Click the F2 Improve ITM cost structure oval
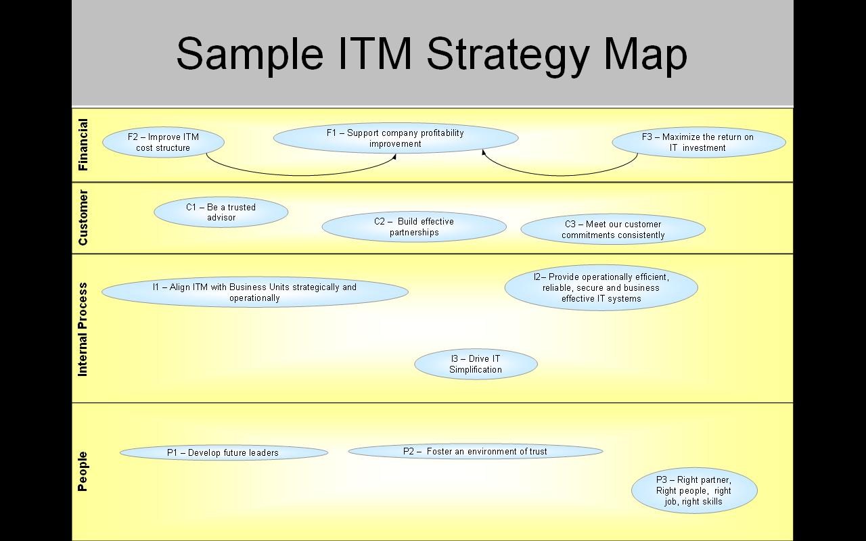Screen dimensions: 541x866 163,143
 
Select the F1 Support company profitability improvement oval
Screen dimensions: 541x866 396,138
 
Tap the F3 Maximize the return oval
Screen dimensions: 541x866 699,143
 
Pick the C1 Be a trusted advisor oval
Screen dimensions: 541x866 221,212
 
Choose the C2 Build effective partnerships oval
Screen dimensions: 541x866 414,227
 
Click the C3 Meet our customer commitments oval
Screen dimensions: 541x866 613,230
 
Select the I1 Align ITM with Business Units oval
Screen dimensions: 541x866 255,293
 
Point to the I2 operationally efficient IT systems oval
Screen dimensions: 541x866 601,288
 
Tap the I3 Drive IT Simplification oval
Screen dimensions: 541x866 476,364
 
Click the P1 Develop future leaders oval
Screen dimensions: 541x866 224,453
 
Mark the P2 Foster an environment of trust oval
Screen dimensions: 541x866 476,452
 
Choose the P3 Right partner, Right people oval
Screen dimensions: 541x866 694,491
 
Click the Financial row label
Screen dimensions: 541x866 83,145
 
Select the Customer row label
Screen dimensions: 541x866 83,218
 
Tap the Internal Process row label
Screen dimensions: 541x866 83,329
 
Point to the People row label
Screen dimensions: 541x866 83,471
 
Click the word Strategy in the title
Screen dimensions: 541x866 507,54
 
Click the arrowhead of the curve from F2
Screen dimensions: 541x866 394,157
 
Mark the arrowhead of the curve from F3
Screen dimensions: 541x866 484,152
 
